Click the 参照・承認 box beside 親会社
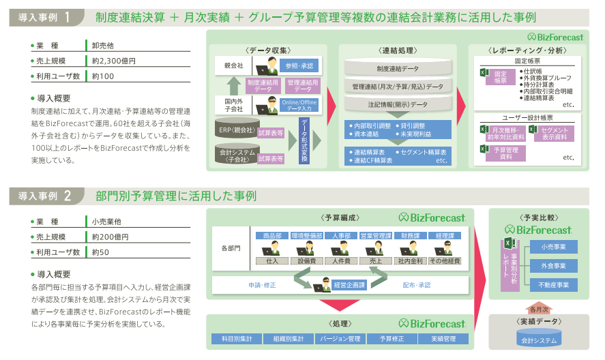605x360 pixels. [x=299, y=66]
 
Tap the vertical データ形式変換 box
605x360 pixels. [x=304, y=140]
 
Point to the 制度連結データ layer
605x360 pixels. [x=398, y=68]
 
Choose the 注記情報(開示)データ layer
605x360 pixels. [x=398, y=104]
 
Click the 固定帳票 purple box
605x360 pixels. [x=500, y=77]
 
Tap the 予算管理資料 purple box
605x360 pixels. [x=506, y=153]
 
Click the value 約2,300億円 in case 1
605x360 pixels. [x=114, y=61]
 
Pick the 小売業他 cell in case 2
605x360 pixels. [x=106, y=222]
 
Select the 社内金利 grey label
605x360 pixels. [x=411, y=260]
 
